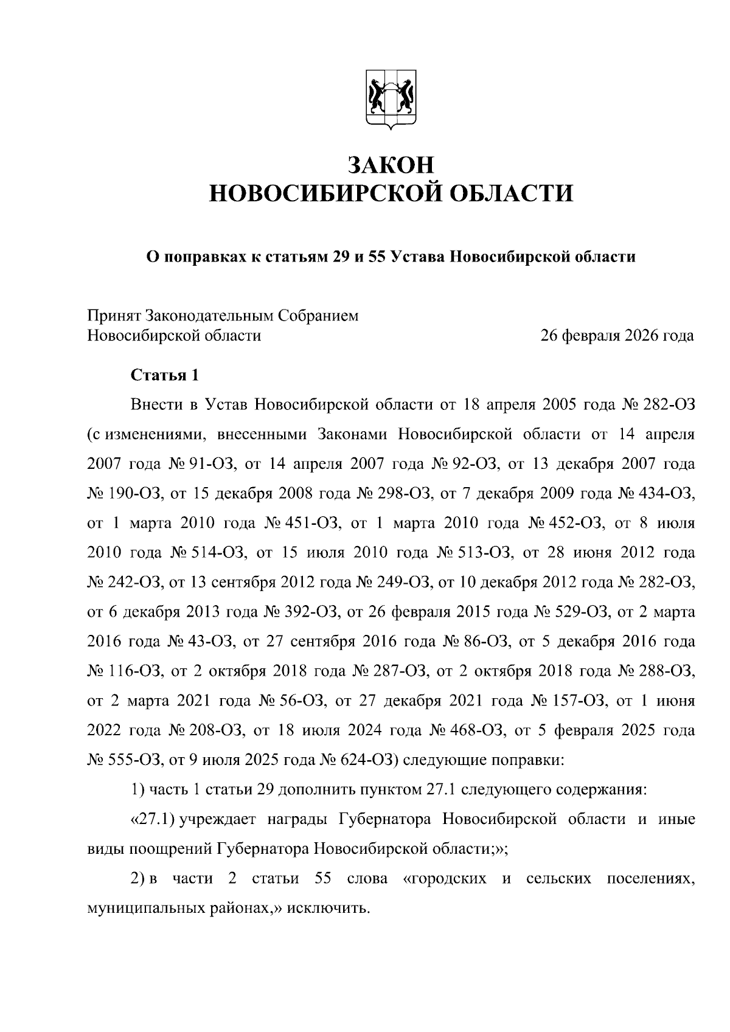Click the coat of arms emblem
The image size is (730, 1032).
391,102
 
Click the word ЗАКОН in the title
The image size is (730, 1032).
391,165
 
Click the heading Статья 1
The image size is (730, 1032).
165,375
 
